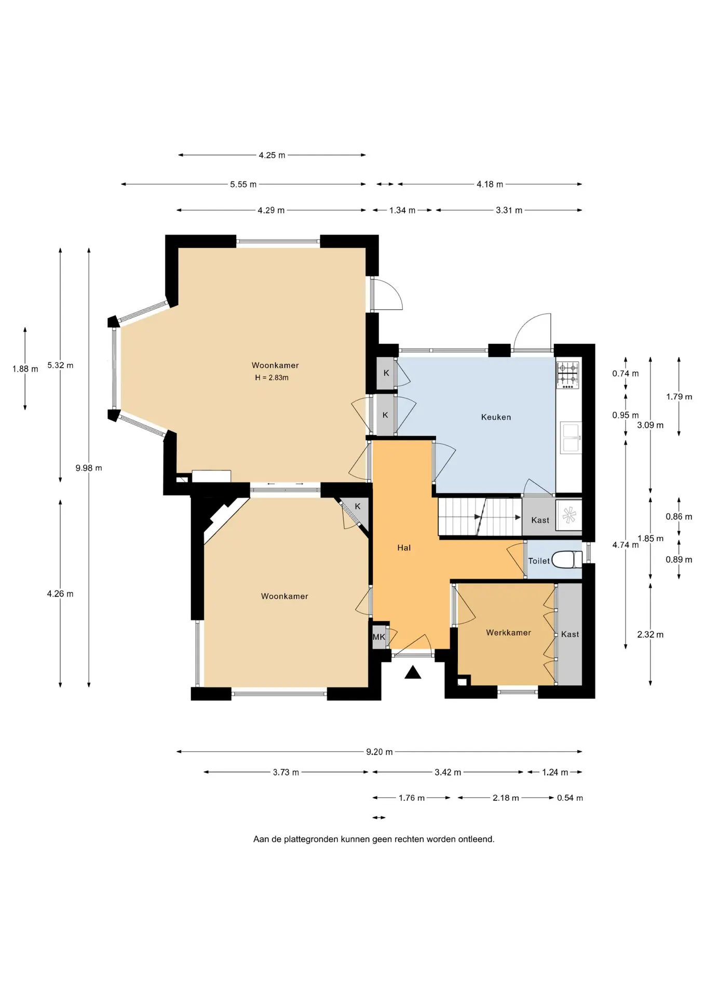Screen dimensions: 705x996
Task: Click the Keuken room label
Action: (496, 417)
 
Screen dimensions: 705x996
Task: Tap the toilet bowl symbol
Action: (567, 560)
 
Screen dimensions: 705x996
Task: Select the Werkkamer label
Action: (508, 632)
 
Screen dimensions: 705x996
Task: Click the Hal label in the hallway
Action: (404, 547)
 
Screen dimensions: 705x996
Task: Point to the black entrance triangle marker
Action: (413, 673)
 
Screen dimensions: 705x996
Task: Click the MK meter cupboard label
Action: (379, 637)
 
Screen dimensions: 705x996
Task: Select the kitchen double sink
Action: (571, 437)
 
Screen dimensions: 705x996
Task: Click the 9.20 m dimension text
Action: (379, 752)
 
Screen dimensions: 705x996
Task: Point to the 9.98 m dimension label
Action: (89, 468)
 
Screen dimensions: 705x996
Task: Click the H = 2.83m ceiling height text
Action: (272, 378)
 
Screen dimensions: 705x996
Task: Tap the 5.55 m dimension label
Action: (243, 184)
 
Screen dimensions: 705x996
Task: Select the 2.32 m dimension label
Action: (650, 634)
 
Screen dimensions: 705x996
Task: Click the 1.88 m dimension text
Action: (25, 369)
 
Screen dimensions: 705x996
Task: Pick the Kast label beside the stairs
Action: (540, 520)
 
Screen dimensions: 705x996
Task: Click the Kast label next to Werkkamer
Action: (570, 634)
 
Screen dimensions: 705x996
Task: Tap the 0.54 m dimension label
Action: (570, 798)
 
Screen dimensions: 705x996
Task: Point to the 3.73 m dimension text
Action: (286, 772)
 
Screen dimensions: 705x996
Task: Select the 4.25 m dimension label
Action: (272, 155)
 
